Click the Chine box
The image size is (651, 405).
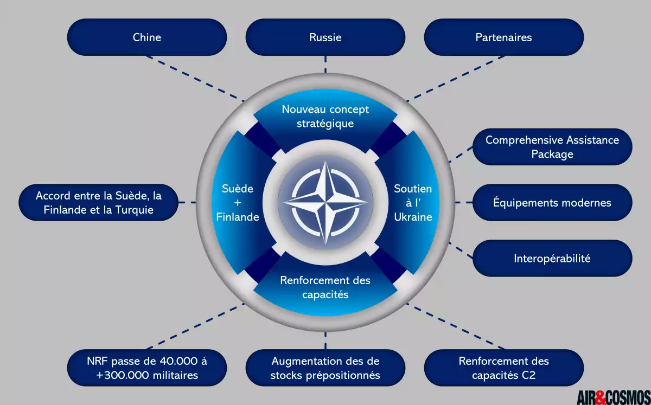[147, 37]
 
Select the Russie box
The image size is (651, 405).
[325, 37]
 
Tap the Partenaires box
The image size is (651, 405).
[503, 37]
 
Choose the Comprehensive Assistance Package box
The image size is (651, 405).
[552, 147]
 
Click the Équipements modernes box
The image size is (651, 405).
[552, 203]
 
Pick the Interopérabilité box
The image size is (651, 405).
[552, 259]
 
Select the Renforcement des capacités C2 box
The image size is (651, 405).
[503, 368]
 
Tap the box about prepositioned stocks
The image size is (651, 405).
[325, 368]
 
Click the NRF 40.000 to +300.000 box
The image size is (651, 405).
[147, 368]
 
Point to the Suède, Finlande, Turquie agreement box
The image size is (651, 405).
[99, 203]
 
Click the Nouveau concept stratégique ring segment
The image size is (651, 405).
[325, 116]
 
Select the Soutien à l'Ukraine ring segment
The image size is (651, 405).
[413, 203]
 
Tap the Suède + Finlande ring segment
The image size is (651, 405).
[238, 203]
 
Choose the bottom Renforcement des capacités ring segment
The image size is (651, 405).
[325, 288]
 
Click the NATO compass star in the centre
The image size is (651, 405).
[325, 202]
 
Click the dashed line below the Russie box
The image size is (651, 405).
[325, 65]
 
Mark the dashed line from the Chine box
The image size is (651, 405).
[196, 79]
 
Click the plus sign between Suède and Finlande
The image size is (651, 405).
[238, 203]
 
